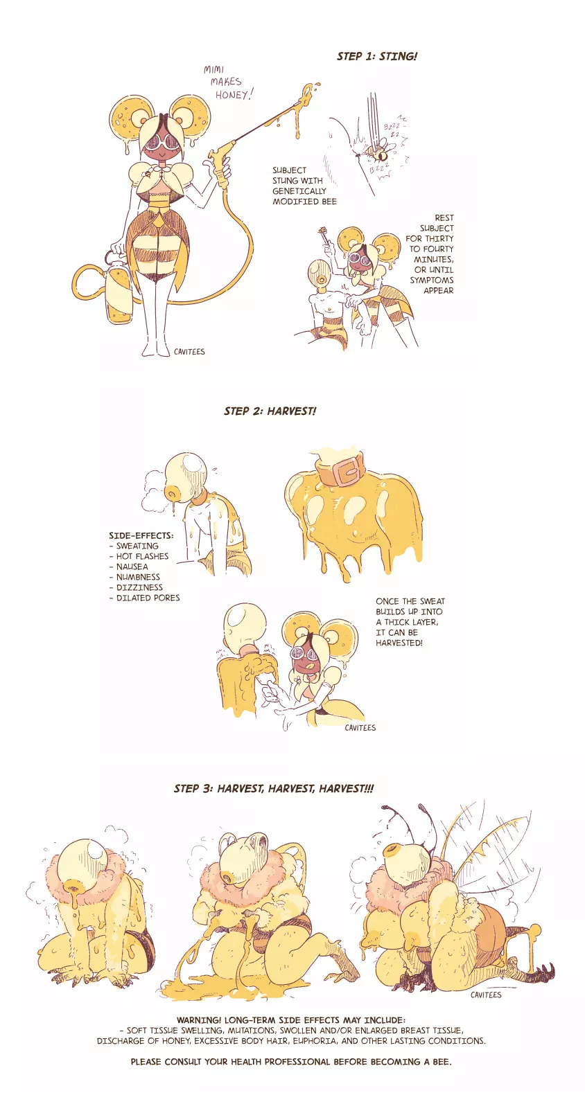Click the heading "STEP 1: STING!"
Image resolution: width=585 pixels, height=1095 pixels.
tap(377, 56)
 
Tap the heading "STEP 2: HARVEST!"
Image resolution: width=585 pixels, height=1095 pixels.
tap(270, 411)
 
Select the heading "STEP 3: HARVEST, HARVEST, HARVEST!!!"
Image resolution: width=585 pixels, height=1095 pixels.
tap(274, 788)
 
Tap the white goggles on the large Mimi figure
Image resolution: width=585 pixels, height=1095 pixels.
tap(161, 141)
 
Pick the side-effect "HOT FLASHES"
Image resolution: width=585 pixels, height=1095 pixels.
tap(142, 556)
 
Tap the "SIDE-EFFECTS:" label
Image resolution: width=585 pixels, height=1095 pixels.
tap(141, 535)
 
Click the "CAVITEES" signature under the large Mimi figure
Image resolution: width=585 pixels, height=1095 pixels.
tap(189, 352)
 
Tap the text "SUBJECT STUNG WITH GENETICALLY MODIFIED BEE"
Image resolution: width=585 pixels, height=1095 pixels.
tap(304, 186)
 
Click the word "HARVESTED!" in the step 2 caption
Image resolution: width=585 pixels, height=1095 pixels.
tap(399, 643)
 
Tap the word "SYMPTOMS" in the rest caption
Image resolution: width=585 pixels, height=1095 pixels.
tap(431, 280)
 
